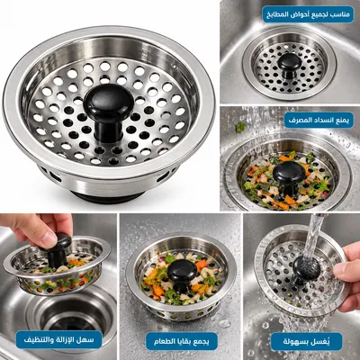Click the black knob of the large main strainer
pos(108,111)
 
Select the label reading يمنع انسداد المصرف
pos(319,120)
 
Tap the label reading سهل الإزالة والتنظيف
pos(58,340)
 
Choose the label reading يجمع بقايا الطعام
pos(182,341)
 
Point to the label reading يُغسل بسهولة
pos(306,341)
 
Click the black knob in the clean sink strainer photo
pos(290,66)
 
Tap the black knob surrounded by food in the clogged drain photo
pos(289,177)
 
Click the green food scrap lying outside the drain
pos(240,128)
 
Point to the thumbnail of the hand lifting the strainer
pos(58,286)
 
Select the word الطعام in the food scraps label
pos(164,341)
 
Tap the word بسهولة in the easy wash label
pos(296,342)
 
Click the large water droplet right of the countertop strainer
pos(224,324)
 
